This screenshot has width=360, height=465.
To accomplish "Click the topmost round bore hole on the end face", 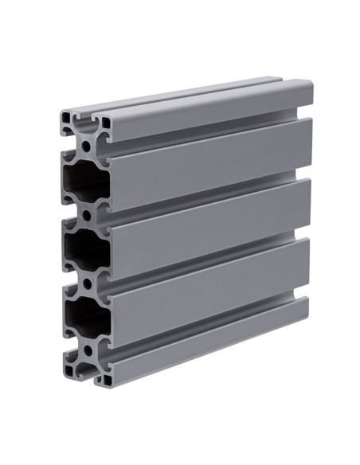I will (x=86, y=146).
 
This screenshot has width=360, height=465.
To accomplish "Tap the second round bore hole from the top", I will (x=86, y=214).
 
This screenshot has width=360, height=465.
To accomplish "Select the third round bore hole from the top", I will (x=86, y=282).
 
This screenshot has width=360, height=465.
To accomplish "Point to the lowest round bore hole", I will (x=86, y=349).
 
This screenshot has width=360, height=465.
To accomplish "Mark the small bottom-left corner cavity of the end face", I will (x=68, y=369).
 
